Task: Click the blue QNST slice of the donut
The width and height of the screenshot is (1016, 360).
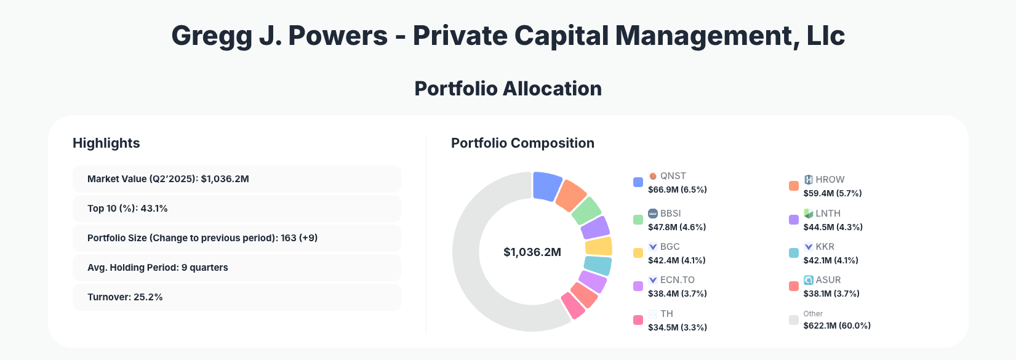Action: click(x=546, y=186)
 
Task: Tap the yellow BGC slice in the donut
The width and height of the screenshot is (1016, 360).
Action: click(x=599, y=247)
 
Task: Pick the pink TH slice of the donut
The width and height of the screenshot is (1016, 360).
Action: click(x=573, y=305)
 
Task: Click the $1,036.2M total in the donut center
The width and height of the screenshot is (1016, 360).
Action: click(x=532, y=252)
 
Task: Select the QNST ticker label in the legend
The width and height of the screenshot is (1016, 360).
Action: click(x=673, y=176)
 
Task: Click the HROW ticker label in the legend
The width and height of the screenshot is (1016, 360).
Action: click(x=830, y=180)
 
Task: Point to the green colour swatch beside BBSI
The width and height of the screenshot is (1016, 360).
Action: click(x=638, y=220)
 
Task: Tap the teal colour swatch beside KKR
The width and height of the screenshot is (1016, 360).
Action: click(x=794, y=253)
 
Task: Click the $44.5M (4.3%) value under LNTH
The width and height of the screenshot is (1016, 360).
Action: click(x=833, y=227)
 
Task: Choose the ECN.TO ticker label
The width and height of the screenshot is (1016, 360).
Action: click(x=677, y=280)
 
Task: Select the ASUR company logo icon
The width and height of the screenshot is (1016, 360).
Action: click(x=809, y=280)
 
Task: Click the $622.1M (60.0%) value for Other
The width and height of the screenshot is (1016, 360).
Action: click(x=837, y=326)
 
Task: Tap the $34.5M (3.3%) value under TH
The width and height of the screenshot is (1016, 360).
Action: click(x=677, y=327)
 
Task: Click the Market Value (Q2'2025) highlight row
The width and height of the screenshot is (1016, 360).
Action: click(x=236, y=179)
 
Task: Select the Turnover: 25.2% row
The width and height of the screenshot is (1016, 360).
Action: click(x=236, y=297)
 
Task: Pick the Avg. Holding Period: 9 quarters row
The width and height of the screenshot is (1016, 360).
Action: click(x=236, y=268)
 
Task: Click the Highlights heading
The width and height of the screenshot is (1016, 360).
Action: click(x=106, y=143)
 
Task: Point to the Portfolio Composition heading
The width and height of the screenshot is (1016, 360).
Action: click(x=522, y=143)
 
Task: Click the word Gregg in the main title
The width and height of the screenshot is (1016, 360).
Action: click(x=211, y=36)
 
